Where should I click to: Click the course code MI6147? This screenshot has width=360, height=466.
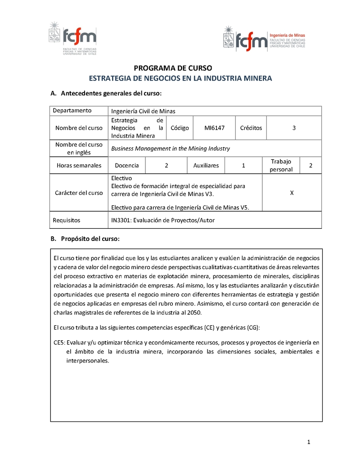214,128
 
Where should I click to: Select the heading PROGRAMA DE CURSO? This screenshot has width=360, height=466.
173,68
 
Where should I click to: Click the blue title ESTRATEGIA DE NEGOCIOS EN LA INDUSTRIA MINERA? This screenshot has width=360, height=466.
180,78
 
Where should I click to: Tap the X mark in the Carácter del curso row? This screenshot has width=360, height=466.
292,193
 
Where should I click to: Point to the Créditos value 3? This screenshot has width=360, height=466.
294,128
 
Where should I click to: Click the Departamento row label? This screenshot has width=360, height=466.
72,111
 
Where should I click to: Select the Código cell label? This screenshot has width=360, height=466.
180,128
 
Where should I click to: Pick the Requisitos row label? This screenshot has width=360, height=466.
67,220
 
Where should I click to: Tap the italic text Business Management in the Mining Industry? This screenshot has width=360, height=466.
171,148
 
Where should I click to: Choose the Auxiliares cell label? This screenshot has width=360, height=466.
206,165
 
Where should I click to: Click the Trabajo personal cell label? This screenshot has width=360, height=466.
281,165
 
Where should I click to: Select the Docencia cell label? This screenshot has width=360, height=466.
127,165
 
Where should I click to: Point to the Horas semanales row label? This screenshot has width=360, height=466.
79,165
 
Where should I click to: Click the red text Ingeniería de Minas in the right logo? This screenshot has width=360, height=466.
287,35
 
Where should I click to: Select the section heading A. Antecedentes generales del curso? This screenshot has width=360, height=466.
105,94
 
